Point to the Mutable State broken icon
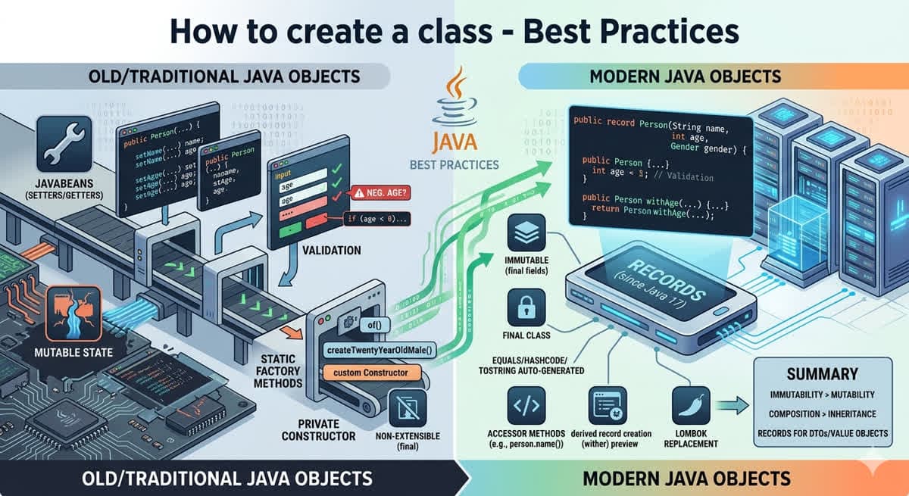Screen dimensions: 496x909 click(x=73, y=314)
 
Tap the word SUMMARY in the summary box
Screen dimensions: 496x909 click(x=822, y=373)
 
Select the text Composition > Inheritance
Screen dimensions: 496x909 click(x=822, y=414)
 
